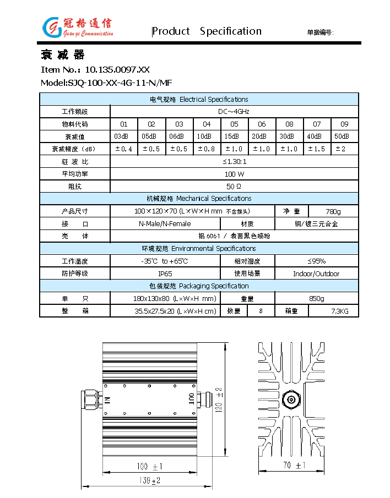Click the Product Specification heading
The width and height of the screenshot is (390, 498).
coord(207,31)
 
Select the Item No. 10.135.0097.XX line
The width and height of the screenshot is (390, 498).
coord(95,69)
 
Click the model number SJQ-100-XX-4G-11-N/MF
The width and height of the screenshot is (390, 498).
coord(106,83)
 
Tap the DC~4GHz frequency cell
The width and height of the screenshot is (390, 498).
coord(234,112)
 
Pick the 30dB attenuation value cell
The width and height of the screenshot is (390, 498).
coord(289,136)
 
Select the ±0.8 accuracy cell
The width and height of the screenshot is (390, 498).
coord(207,149)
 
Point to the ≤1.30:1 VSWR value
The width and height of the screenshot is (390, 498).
coord(234,162)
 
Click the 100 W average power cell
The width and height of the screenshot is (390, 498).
coord(234,174)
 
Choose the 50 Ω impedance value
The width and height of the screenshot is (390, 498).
coord(234,187)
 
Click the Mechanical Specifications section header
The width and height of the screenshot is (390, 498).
coord(199,199)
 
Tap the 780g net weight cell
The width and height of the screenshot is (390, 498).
coord(333,211)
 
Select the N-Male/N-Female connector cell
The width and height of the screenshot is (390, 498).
coord(165,224)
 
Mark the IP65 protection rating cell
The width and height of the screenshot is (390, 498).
coord(165,273)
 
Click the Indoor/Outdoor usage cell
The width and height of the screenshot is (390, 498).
coord(316,273)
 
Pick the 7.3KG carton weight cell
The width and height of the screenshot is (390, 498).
coord(333,311)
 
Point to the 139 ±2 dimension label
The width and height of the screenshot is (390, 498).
coord(148,480)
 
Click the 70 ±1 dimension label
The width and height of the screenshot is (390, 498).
coord(293,466)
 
